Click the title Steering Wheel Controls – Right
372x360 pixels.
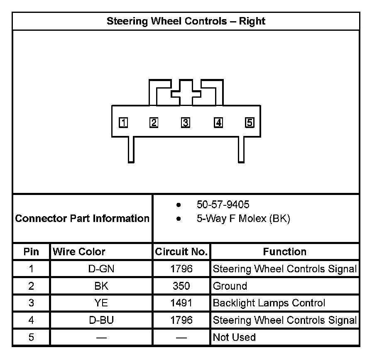click(x=186, y=21)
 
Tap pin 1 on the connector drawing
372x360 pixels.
click(x=123, y=123)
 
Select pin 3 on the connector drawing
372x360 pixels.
click(x=186, y=123)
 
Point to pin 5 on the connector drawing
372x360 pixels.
click(x=250, y=123)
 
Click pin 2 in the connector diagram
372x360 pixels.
click(x=154, y=123)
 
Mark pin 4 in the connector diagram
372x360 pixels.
click(x=218, y=123)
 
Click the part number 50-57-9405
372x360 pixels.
click(x=223, y=205)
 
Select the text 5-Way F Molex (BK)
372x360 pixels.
click(x=243, y=219)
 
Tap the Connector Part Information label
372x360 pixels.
click(x=82, y=218)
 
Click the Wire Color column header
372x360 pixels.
click(x=79, y=252)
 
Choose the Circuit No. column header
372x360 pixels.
click(x=181, y=252)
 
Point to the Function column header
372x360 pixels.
click(x=284, y=252)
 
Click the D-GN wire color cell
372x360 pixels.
click(x=101, y=269)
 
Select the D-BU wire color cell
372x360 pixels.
click(x=101, y=320)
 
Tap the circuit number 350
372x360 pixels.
click(x=181, y=286)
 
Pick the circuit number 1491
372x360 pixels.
click(x=181, y=303)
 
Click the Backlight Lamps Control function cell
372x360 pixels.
click(x=269, y=303)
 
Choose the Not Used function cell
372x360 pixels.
click(x=234, y=337)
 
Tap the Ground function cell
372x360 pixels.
click(x=230, y=286)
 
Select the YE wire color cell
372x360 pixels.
click(x=101, y=303)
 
